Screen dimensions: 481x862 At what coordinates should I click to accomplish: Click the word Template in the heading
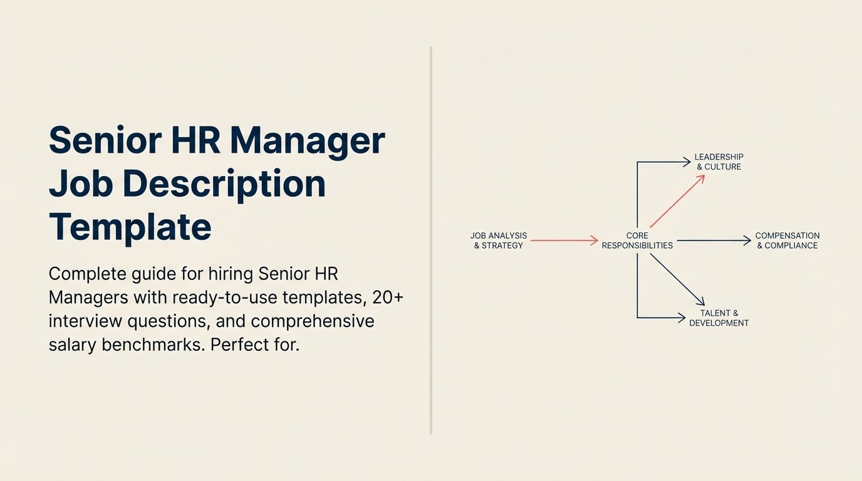point(130,227)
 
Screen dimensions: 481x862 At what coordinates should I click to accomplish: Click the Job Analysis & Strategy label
point(499,240)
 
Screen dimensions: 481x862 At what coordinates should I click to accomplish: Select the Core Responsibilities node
point(637,240)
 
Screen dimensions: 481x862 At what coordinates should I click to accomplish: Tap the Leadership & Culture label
point(719,162)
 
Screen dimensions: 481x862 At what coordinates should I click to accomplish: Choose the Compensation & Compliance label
point(787,240)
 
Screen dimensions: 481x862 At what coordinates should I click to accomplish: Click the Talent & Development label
point(719,318)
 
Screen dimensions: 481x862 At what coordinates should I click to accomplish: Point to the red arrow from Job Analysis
point(564,240)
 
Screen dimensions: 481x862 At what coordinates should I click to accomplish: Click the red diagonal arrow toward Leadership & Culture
point(677,201)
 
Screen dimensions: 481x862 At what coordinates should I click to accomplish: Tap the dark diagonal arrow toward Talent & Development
point(677,279)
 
